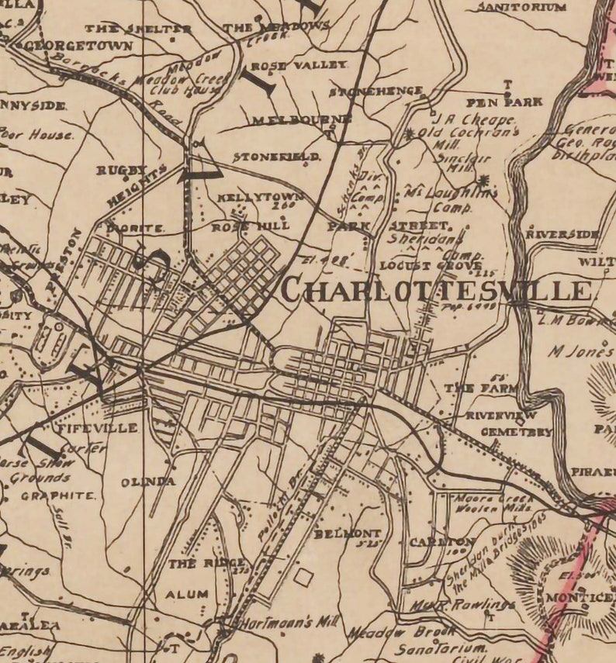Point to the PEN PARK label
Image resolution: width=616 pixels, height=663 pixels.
[504, 102]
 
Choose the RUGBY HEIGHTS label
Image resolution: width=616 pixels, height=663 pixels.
[132, 182]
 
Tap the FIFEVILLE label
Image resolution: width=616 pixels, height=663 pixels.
[98, 427]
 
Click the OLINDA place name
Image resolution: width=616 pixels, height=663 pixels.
[147, 482]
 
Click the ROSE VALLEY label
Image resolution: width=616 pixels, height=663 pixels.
[298, 66]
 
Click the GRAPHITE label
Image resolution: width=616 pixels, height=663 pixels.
[57, 496]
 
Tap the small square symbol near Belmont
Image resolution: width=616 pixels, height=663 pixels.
[303, 577]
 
